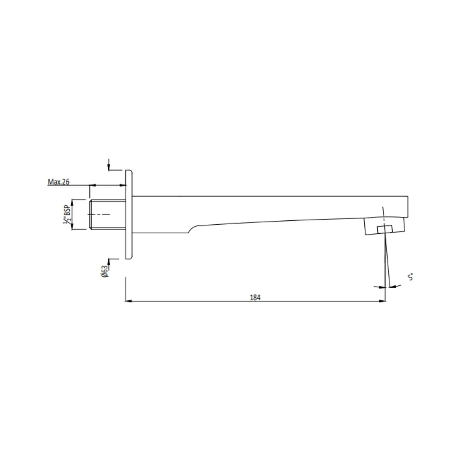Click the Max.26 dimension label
[x=58, y=182]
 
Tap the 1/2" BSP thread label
[x=67, y=214]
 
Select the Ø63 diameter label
[x=104, y=272]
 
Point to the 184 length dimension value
[x=255, y=297]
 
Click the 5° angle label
[x=411, y=277]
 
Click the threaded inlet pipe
[x=107, y=214]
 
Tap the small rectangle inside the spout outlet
[x=385, y=229]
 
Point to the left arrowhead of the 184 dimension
[x=128, y=301]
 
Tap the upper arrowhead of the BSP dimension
[x=72, y=202]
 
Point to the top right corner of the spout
[x=407, y=197]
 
